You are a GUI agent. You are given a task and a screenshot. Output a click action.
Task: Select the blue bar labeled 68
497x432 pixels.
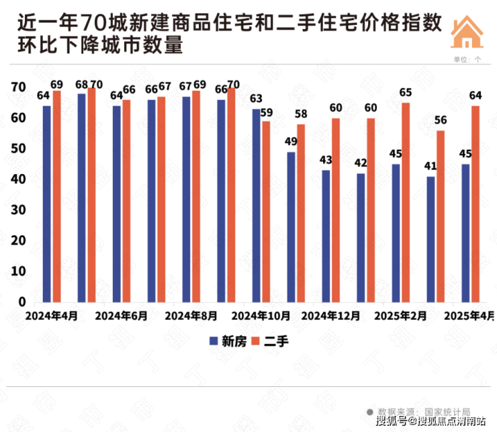[x=82, y=198]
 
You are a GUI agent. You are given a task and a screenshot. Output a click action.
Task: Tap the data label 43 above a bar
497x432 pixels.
[x=326, y=161]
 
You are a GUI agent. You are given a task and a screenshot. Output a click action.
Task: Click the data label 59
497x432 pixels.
[x=267, y=112]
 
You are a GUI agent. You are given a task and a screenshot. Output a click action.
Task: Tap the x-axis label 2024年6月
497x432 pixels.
[x=121, y=315]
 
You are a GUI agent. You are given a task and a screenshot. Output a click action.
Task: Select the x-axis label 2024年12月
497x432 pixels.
[x=328, y=315]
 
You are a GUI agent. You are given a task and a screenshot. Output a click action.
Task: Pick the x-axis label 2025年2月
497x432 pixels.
[x=399, y=315]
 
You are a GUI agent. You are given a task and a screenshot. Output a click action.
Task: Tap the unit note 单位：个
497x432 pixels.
[x=467, y=59]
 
